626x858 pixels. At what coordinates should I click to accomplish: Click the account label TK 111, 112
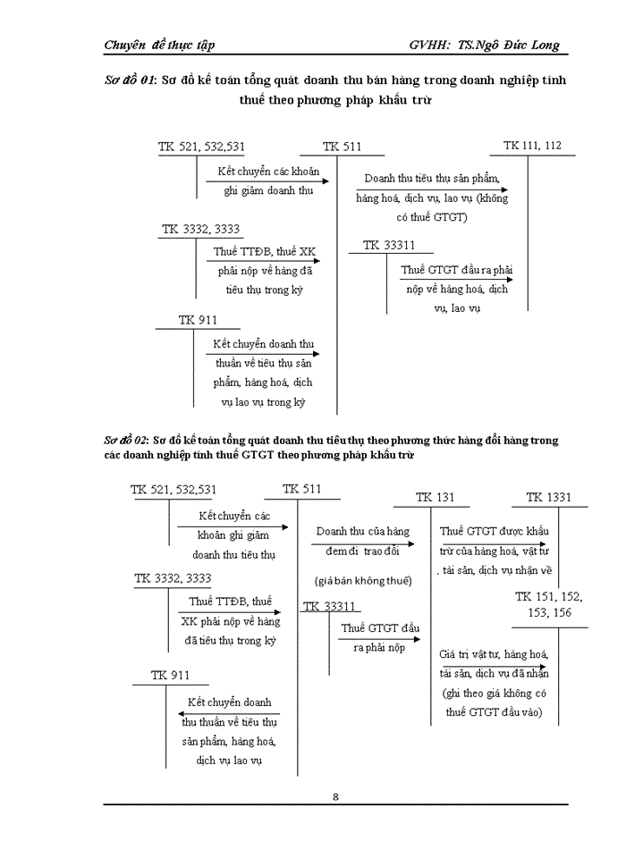533,146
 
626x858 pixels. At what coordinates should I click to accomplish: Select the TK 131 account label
436,498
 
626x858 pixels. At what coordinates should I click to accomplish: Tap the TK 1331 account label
548,498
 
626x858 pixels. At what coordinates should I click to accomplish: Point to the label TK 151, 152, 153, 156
548,603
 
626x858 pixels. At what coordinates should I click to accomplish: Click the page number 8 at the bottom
334,797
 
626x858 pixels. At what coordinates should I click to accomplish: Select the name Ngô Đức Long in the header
512,45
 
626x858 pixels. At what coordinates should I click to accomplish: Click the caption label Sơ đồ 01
130,80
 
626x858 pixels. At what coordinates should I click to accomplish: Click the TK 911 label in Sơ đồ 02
170,675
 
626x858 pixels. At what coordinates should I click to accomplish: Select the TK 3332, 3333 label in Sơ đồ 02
173,578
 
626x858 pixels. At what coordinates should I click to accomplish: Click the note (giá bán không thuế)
362,581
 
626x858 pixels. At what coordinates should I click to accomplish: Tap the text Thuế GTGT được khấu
495,532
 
